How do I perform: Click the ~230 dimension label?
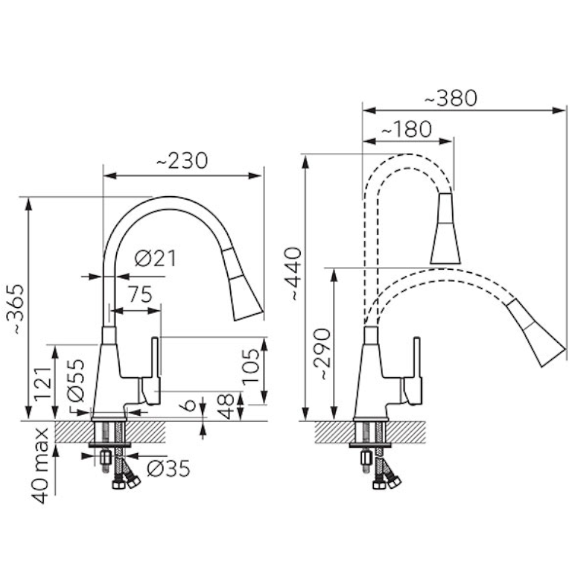point(182,161)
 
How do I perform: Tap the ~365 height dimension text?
point(15,309)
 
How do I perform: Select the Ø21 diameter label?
point(155,258)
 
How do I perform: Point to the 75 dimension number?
point(140,294)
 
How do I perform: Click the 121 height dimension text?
point(43,384)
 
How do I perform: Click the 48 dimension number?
point(225,406)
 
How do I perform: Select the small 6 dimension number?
point(190,405)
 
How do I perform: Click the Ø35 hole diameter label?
point(168,468)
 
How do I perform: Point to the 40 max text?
point(40,465)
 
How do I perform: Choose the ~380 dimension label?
point(451,98)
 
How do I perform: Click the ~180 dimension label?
point(406,129)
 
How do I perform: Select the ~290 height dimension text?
point(321,354)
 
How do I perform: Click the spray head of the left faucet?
point(242,284)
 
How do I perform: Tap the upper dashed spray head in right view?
point(446,228)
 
